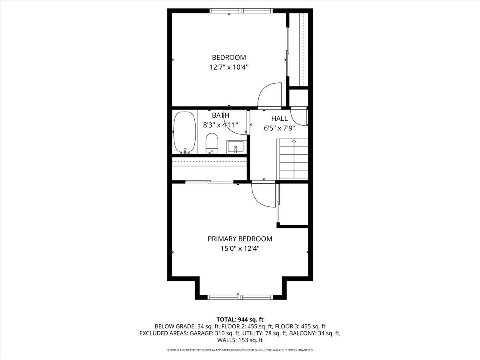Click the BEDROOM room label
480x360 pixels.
click(229, 58)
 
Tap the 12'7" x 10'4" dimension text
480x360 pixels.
click(229, 67)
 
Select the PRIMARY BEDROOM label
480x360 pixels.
click(240, 239)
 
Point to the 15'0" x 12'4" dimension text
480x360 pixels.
click(240, 248)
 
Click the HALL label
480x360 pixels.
click(279, 118)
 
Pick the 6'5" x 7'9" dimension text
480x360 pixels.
click(279, 128)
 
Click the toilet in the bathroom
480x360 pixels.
click(212, 143)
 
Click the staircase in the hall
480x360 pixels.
click(294, 159)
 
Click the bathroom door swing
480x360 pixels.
click(236, 122)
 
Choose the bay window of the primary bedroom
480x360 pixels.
click(240, 297)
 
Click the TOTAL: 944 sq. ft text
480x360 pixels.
click(240, 319)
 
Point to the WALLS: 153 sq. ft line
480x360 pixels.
click(240, 340)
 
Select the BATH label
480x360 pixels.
click(220, 115)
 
